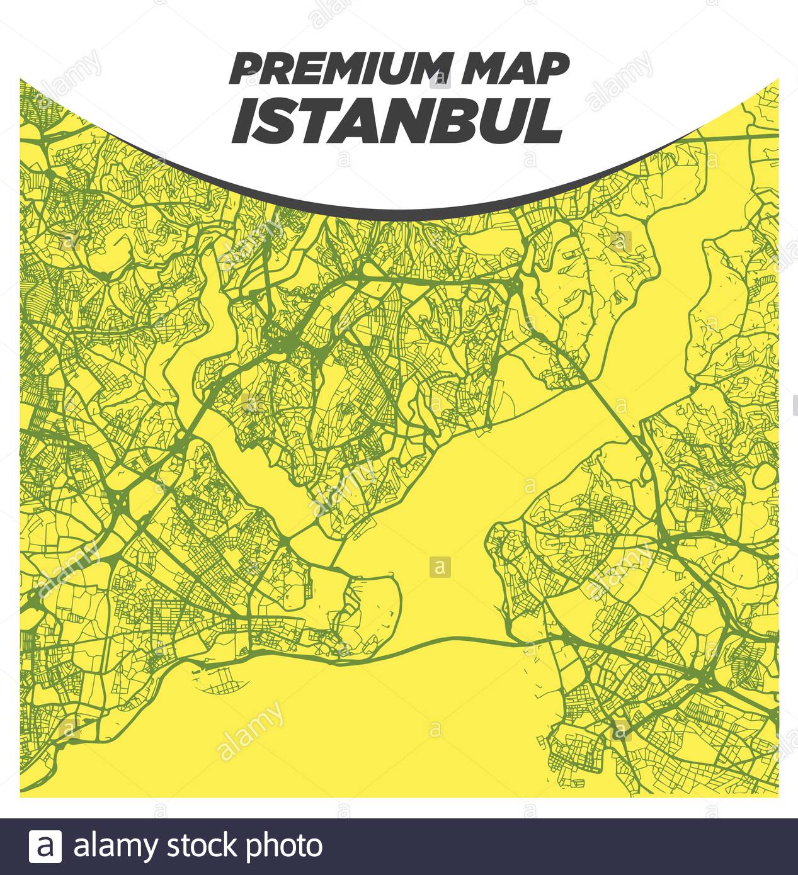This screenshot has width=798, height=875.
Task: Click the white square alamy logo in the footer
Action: pyautogui.click(x=45, y=846)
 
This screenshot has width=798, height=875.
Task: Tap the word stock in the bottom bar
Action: pyautogui.click(x=202, y=846)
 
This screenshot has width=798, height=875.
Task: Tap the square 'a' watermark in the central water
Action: pyautogui.click(x=440, y=567)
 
